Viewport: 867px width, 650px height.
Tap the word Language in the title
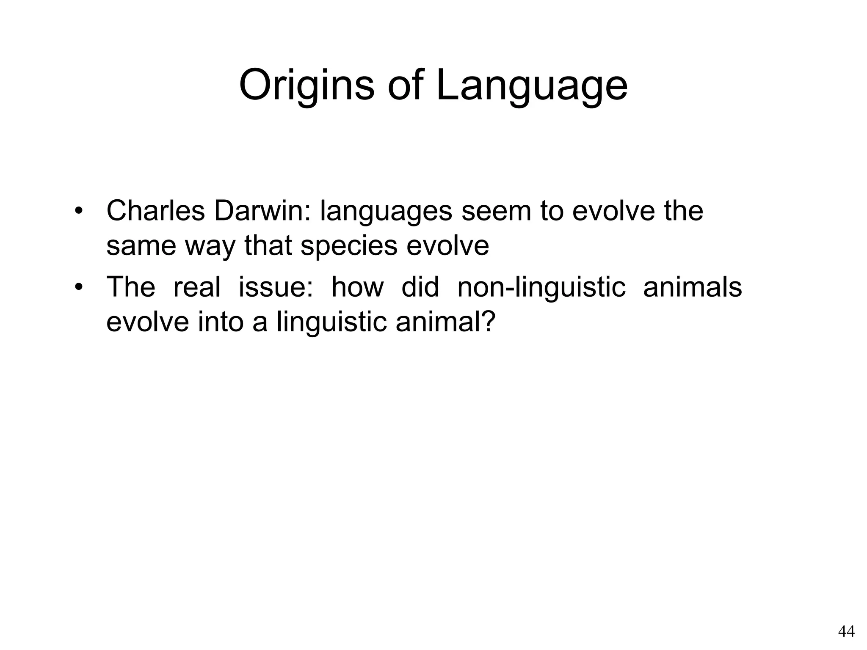[531, 86]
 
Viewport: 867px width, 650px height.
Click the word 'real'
[197, 287]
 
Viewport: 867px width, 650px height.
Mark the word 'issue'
[275, 287]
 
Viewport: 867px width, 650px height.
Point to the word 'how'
[357, 287]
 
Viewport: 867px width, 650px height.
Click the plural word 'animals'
[692, 287]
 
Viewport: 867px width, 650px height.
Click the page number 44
[846, 631]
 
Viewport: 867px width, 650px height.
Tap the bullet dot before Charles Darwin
[78, 211]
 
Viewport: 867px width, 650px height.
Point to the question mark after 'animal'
[489, 322]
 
